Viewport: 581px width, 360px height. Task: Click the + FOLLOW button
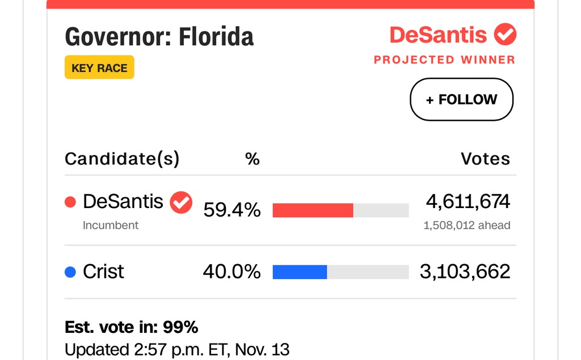coord(461,100)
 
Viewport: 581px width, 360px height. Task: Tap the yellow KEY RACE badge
coord(99,67)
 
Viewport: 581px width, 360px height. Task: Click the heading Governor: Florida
coord(159,37)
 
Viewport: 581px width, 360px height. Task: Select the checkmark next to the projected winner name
coord(504,35)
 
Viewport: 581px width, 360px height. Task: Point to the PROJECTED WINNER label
coord(444,60)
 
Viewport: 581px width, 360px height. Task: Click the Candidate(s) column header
coord(122,159)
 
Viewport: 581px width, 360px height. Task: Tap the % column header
coord(252,159)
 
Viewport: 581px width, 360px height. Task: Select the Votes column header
coord(485,159)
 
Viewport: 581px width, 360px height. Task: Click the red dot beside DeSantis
coord(70,202)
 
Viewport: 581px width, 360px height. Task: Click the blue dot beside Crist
coord(70,273)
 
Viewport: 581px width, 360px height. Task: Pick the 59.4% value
coord(231,210)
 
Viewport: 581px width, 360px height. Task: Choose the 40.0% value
coord(231,272)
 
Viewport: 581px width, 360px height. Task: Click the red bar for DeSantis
coord(313,210)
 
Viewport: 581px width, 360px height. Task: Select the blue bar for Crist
coord(300,272)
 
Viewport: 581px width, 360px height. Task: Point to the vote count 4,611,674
coord(468,201)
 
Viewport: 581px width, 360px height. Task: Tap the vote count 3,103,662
coord(465,272)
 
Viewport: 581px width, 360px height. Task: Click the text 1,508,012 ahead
coord(467,226)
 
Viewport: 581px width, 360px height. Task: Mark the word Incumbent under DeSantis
coord(111,226)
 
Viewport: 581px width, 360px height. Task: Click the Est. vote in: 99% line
coord(131,328)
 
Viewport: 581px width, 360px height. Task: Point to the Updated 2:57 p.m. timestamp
coord(177,349)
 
